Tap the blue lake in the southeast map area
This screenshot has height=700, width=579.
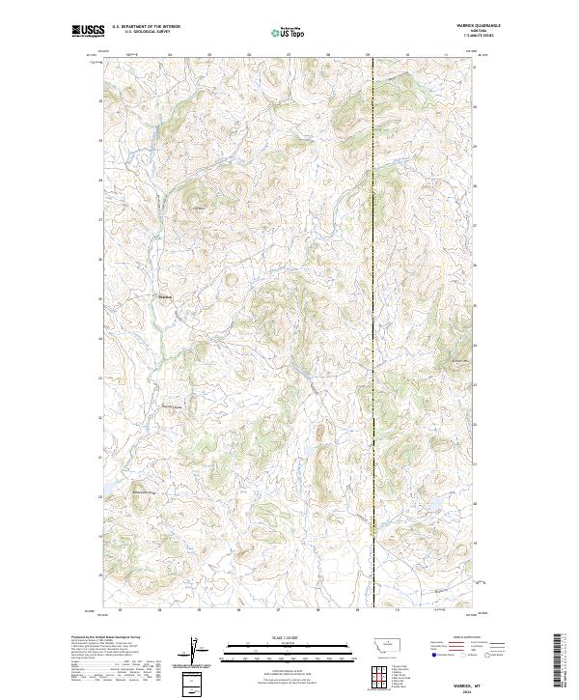click(431, 503)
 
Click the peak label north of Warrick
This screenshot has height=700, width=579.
click(200, 209)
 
